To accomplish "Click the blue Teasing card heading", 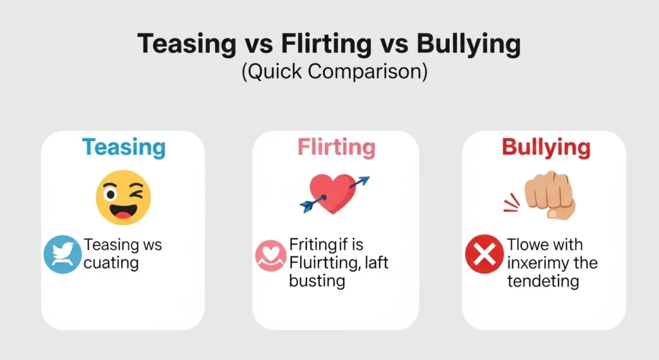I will coord(124,147).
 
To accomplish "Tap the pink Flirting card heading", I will coord(336,147).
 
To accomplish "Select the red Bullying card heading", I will coord(546,147).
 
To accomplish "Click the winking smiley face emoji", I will coord(123,198).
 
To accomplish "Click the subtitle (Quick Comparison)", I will coord(334,71).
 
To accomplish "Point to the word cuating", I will coord(111,263).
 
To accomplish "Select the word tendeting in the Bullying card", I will coord(543,281).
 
